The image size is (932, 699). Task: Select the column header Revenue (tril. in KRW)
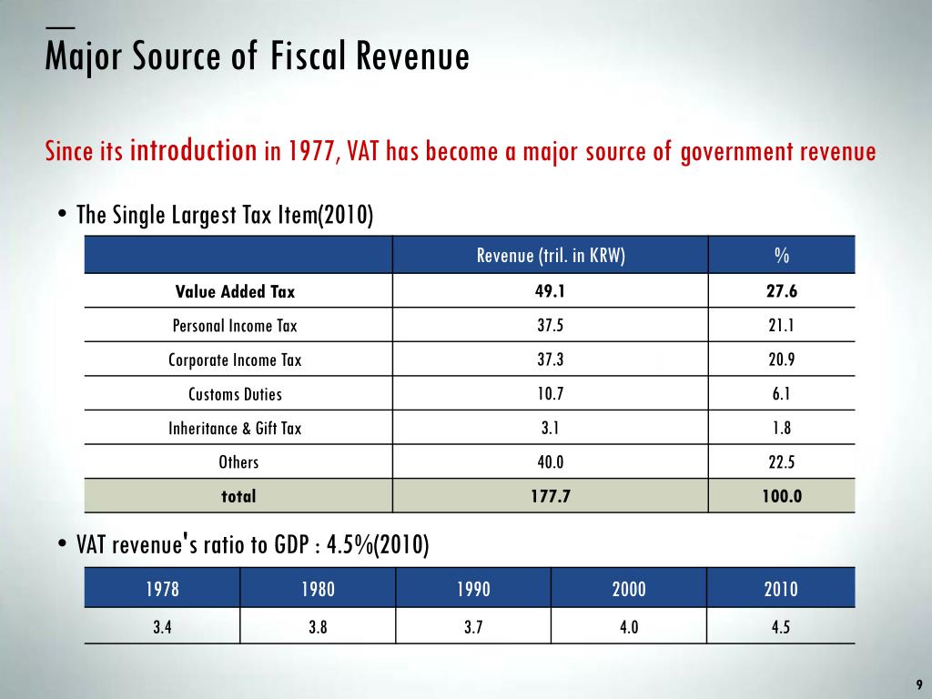click(551, 256)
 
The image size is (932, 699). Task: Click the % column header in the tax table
click(782, 256)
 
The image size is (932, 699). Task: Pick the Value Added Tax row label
click(236, 292)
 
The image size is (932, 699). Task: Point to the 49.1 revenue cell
click(551, 292)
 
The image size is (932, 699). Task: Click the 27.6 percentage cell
click(782, 292)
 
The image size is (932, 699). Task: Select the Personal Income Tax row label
click(235, 326)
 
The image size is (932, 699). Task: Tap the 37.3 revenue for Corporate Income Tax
click(551, 360)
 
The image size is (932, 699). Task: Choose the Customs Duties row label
click(235, 394)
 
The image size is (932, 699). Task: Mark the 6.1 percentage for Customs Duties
click(782, 394)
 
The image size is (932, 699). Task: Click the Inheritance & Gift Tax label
click(235, 429)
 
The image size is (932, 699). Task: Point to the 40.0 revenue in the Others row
click(551, 462)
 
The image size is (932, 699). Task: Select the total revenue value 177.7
click(551, 497)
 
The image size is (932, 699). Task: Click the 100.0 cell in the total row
click(782, 497)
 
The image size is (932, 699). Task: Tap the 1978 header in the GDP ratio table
click(163, 589)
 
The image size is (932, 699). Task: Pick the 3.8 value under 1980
click(319, 627)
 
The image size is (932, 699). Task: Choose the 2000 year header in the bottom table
click(629, 589)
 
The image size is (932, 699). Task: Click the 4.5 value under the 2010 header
click(781, 627)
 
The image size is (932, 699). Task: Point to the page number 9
click(918, 684)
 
